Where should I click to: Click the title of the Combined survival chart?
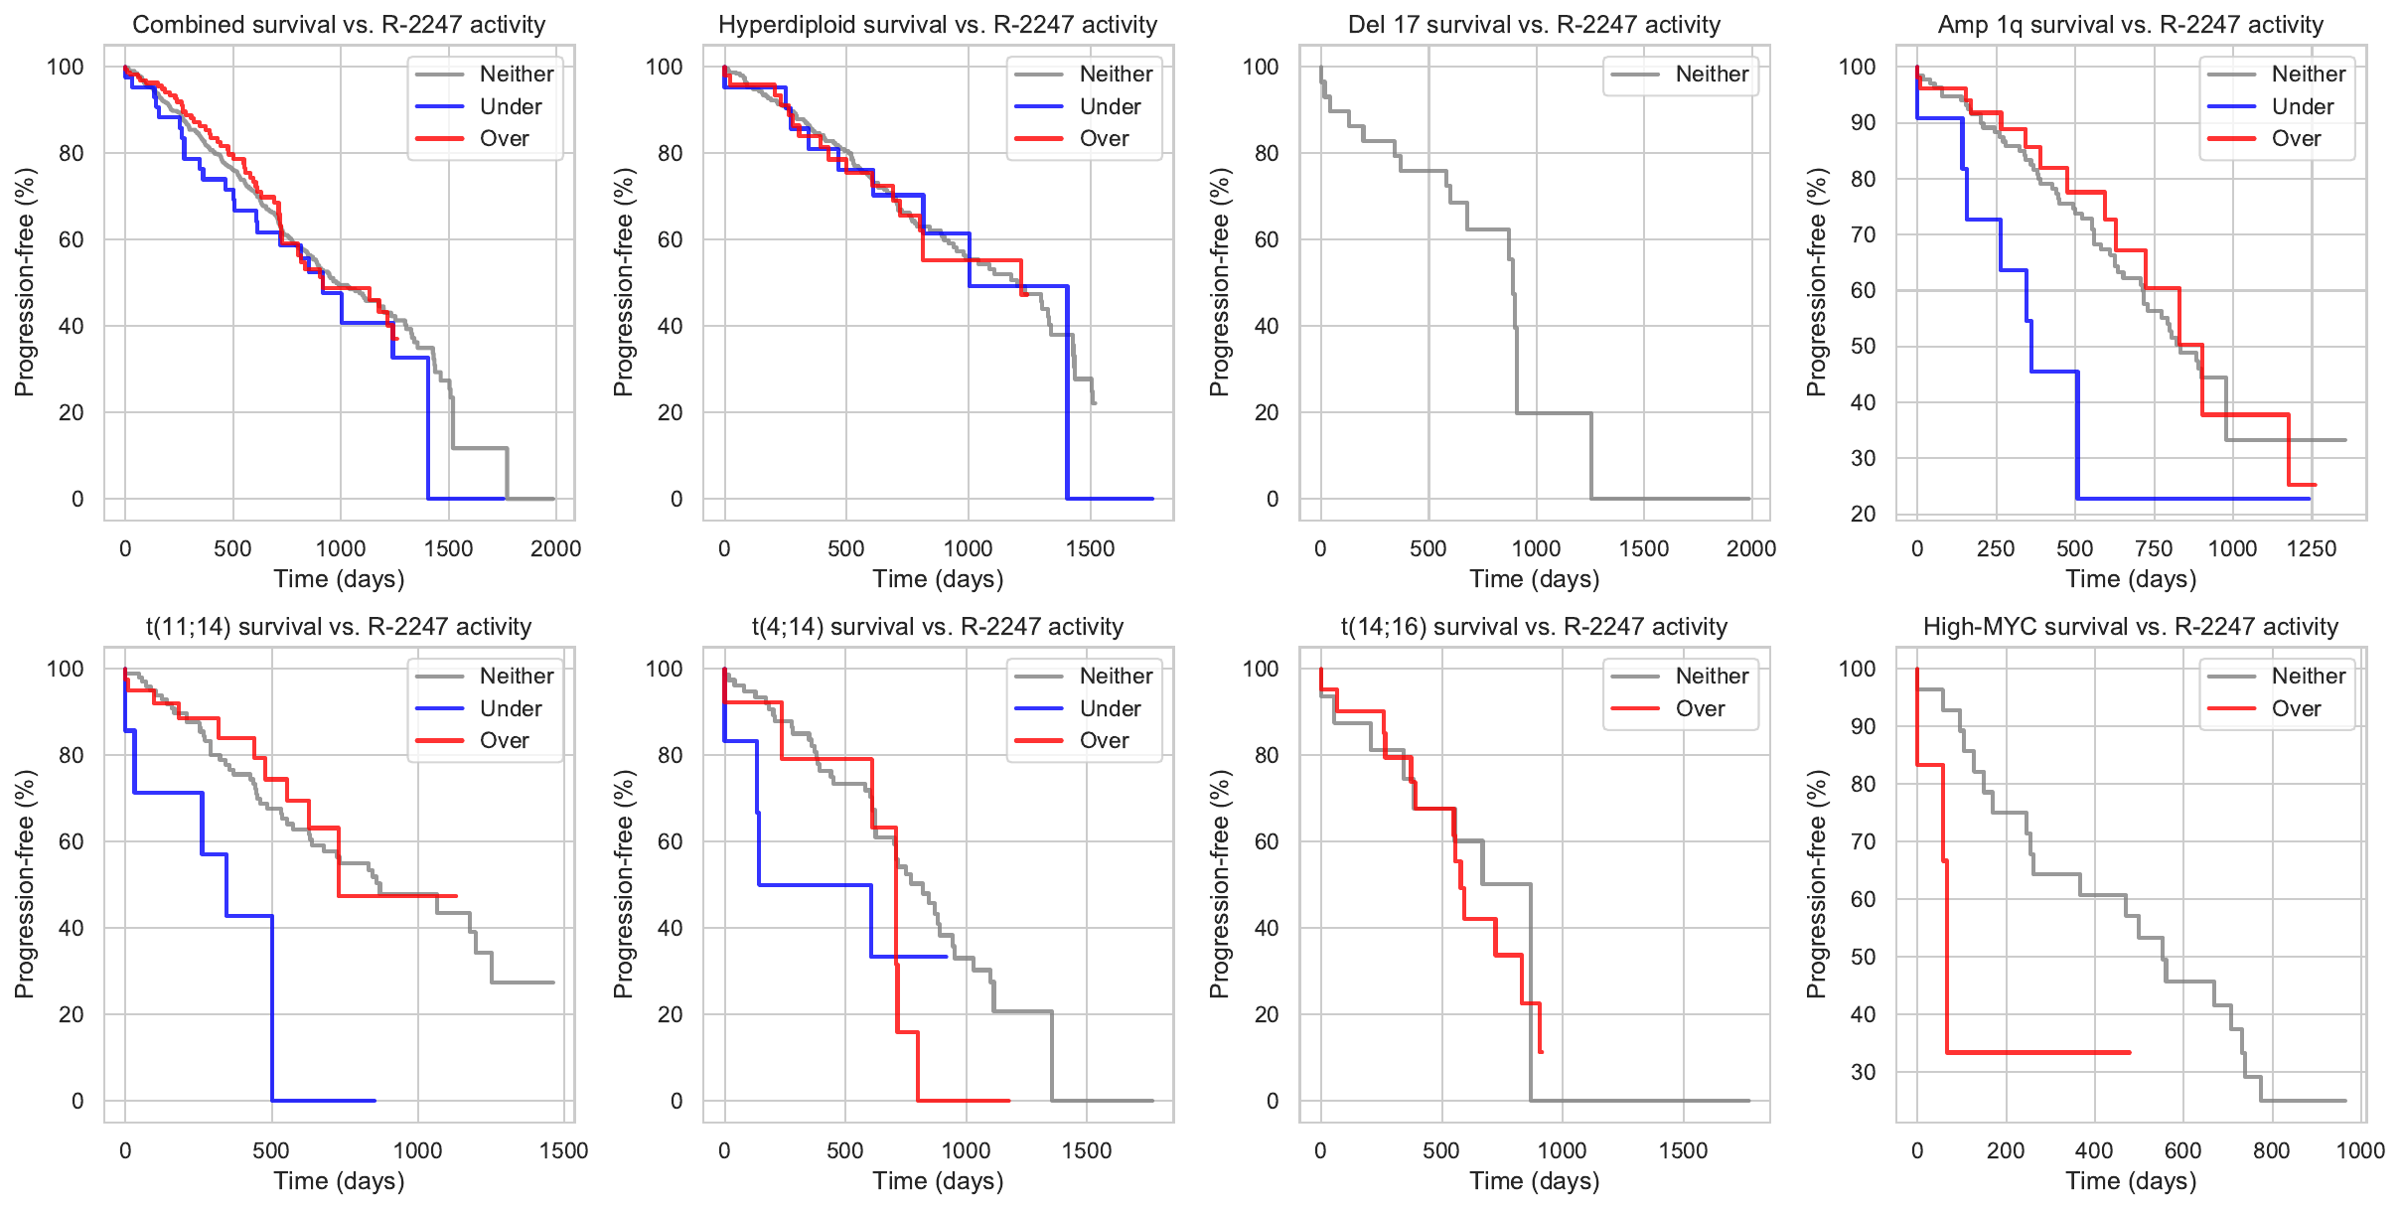tap(339, 25)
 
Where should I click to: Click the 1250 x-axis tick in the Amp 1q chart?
tap(2312, 548)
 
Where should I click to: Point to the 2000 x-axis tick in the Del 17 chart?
tap(1750, 548)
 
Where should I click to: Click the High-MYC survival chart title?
tap(2130, 627)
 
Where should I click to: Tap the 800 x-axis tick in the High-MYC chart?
tap(2271, 1150)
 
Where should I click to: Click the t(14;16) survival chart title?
tap(1534, 627)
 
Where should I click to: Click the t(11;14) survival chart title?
tap(339, 627)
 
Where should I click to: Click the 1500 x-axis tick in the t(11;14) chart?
tap(563, 1150)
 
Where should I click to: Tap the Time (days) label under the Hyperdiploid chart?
tap(938, 579)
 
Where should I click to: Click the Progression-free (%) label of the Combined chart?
tap(25, 282)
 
